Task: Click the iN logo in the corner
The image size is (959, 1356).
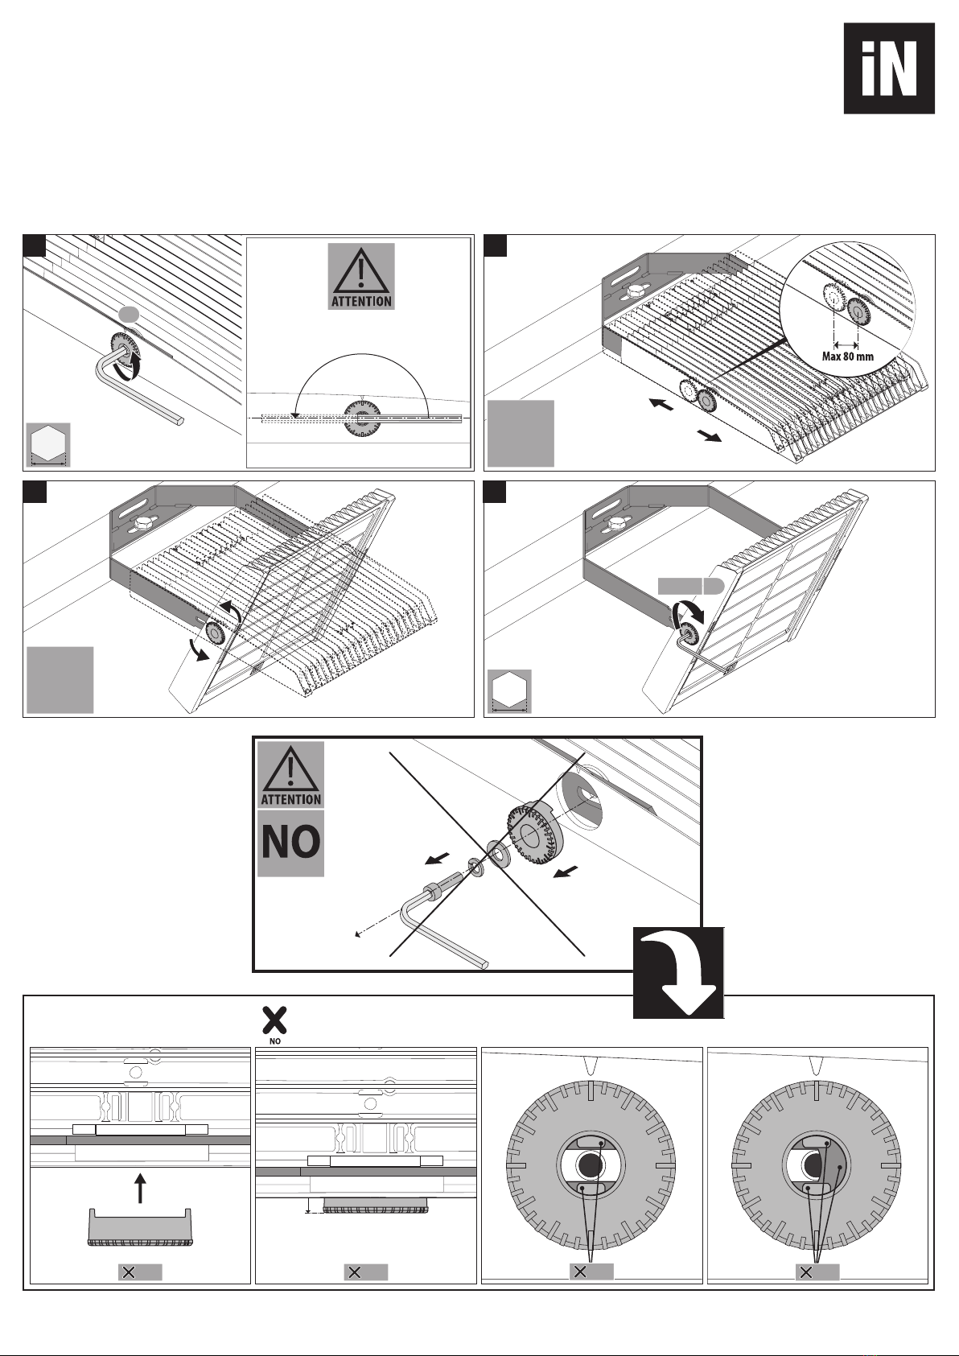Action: (889, 68)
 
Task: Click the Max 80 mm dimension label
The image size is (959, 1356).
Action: (847, 356)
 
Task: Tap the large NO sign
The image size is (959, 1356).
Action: (290, 843)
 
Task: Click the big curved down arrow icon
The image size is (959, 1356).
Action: (678, 972)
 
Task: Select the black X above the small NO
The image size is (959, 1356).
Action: (275, 1020)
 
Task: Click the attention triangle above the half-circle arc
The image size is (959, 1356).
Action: (361, 276)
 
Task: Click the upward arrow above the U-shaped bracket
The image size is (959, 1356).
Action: (141, 1187)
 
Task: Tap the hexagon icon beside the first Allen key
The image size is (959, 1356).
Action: (47, 443)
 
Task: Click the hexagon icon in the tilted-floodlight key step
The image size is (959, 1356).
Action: (508, 690)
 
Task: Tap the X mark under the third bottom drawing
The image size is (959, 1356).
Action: (591, 1272)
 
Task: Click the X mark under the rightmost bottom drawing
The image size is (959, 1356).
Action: (817, 1272)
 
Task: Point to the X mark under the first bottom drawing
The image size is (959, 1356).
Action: (140, 1272)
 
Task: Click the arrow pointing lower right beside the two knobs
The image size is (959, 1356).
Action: (709, 436)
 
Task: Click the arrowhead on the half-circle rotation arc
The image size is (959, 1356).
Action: (295, 414)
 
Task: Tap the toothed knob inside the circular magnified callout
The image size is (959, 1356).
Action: (859, 311)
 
